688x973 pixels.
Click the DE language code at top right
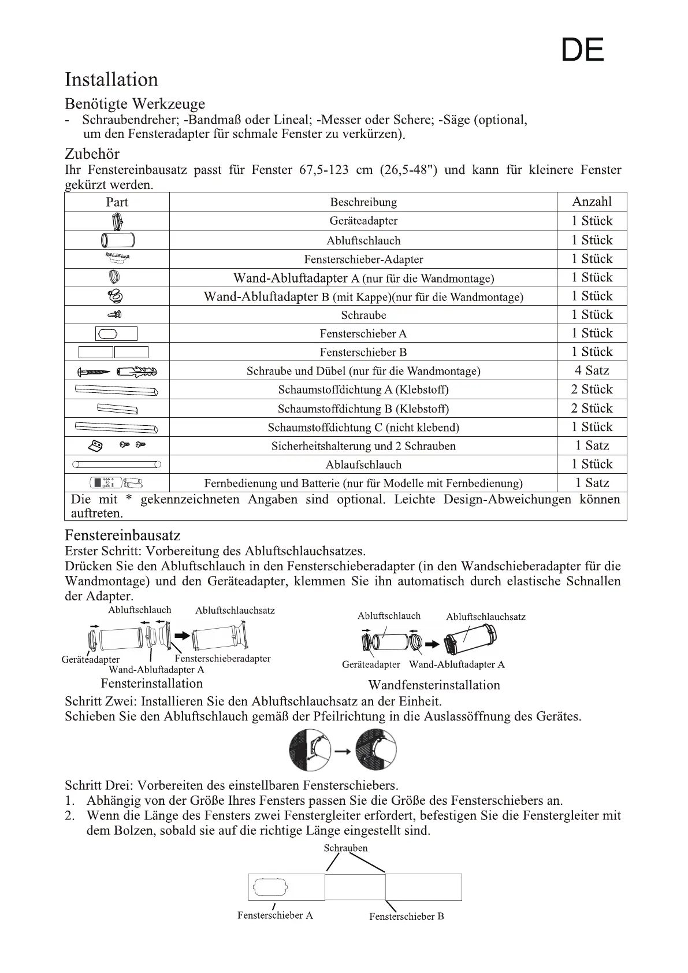click(582, 50)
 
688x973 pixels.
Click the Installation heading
click(111, 80)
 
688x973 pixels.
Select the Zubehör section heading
click(92, 154)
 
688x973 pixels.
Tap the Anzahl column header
click(592, 202)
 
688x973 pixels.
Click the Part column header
click(117, 202)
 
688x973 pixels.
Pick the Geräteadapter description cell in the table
click(363, 221)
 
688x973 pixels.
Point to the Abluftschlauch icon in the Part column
click(117, 240)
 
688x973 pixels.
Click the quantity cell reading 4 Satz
click(592, 370)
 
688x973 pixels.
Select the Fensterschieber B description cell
click(363, 352)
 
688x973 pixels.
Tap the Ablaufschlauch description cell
click(363, 465)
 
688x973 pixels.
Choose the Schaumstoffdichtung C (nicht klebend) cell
click(363, 428)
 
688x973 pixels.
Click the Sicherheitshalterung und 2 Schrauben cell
click(363, 446)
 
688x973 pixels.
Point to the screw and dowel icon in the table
click(117, 371)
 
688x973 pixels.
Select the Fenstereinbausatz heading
click(122, 535)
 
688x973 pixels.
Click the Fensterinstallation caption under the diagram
click(152, 684)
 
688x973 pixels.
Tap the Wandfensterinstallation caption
click(434, 685)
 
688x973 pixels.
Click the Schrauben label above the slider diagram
click(345, 848)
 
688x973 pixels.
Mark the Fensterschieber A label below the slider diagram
click(275, 915)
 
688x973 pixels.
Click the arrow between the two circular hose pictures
click(343, 751)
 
